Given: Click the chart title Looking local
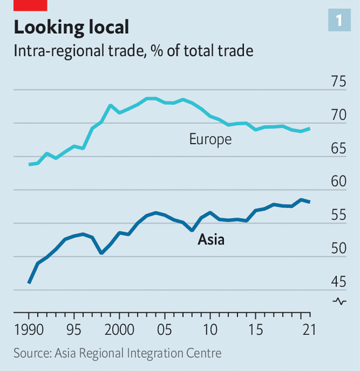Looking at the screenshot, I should click(71, 27).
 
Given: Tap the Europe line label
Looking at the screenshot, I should click(210, 139).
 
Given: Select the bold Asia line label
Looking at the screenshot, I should click(211, 240).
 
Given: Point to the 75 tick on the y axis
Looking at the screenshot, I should click(339, 82).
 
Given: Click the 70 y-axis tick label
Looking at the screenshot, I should click(339, 115).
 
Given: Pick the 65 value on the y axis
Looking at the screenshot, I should click(339, 149).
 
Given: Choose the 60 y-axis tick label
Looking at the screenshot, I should click(339, 182).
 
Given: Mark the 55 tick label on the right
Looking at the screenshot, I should click(339, 216).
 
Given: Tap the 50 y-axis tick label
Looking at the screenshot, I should click(339, 249).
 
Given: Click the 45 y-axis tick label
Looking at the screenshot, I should click(339, 282).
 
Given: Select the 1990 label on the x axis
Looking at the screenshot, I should click(28, 329).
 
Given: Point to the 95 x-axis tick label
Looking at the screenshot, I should click(73, 329).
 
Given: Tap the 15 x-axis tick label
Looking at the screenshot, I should click(256, 329).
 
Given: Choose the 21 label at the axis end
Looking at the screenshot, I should click(306, 329).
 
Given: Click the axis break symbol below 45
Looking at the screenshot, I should click(339, 301).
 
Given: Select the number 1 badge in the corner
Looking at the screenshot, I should click(338, 21).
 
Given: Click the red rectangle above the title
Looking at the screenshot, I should click(30, 5).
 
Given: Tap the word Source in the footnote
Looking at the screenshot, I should click(32, 354).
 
